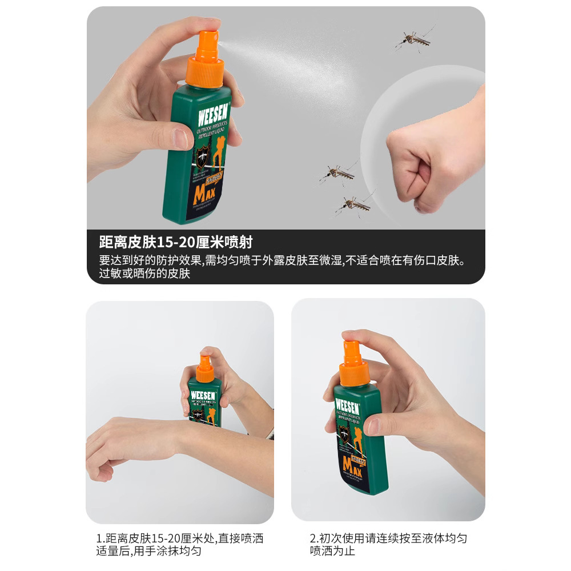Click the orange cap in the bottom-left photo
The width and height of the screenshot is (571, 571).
pos(205,369)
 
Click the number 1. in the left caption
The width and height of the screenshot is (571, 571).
pos(100,538)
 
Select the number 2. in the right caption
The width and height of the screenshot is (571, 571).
pos(313,538)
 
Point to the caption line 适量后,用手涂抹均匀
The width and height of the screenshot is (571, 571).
pos(148,552)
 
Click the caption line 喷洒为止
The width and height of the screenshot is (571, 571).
pos(332,552)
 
